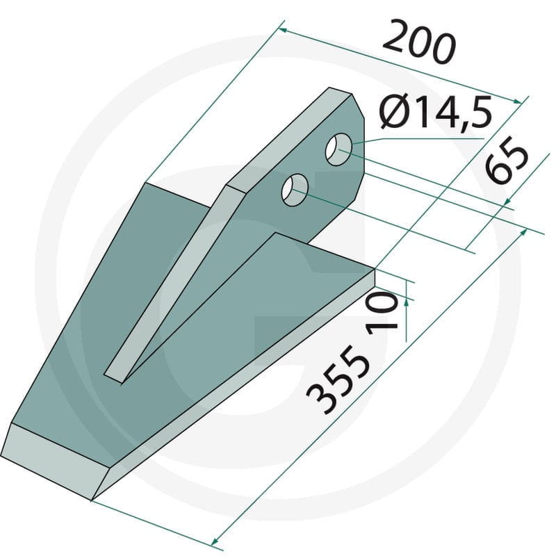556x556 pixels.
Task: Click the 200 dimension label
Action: coord(418,43)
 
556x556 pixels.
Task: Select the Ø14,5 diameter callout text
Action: coord(436,112)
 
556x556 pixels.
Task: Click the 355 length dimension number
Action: coord(338,379)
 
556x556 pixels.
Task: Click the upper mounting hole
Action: coord(338,149)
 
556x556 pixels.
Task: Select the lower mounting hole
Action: coord(294,190)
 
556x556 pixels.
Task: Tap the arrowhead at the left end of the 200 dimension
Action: coord(283,30)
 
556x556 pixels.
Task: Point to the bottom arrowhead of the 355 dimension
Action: coord(215,543)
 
